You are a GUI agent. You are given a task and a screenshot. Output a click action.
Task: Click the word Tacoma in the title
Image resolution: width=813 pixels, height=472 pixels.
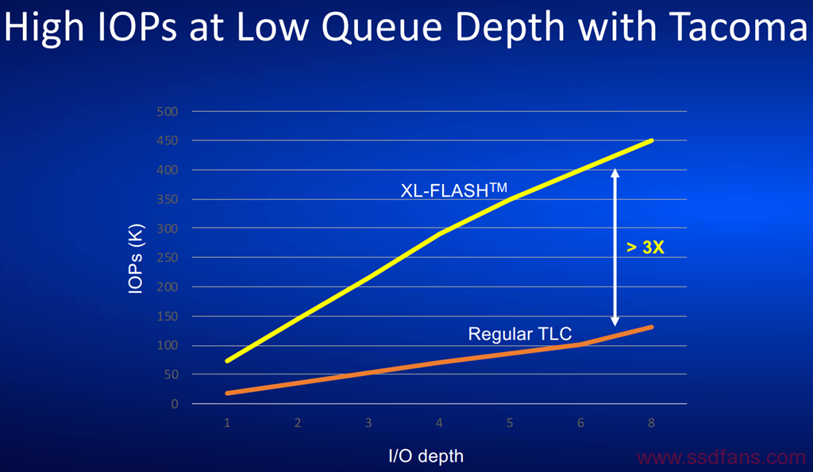tap(738, 27)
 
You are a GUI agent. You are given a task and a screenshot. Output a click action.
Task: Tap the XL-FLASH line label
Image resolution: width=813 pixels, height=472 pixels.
tap(453, 190)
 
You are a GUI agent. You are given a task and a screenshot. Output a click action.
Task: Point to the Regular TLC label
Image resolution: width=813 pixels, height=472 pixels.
tap(519, 334)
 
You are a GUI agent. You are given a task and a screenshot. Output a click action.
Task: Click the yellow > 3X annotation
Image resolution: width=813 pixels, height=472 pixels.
tap(645, 248)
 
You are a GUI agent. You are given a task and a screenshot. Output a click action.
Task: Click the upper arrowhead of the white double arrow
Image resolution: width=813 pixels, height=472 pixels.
tap(615, 172)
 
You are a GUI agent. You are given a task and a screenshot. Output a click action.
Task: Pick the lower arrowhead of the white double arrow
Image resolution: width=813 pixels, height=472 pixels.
tap(615, 322)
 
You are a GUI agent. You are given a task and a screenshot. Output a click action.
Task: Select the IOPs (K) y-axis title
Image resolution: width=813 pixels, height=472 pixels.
tap(135, 259)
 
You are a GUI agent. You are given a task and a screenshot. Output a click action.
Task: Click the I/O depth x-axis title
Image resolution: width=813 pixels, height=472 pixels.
tap(426, 456)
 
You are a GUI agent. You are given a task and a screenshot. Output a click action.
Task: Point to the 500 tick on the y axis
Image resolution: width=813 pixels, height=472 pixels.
tap(167, 111)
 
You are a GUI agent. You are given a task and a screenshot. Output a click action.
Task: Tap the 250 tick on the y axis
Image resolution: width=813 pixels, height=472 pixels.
tap(167, 258)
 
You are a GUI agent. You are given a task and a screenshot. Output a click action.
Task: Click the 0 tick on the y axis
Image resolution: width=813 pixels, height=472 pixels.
tap(175, 404)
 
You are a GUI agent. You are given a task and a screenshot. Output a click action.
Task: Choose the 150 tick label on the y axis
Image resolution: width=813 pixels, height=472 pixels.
tap(167, 316)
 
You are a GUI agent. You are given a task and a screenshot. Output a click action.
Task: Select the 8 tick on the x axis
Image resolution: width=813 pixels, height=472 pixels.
tap(651, 423)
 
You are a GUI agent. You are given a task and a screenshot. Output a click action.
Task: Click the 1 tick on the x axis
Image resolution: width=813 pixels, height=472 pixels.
tap(227, 423)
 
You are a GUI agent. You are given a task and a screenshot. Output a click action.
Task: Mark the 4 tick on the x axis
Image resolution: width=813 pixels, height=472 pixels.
tap(439, 423)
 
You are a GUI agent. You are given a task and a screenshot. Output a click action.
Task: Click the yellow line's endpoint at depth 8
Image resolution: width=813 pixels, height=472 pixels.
tap(651, 140)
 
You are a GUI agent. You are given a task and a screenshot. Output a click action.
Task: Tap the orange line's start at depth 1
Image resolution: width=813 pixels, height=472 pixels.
tap(228, 393)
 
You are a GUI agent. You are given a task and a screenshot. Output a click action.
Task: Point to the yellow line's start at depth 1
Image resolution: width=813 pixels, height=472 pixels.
tap(228, 361)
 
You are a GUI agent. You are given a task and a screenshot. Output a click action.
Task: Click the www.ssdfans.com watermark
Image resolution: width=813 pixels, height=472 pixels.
tap(721, 458)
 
